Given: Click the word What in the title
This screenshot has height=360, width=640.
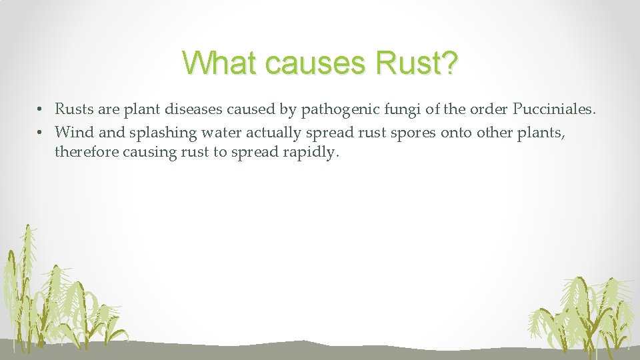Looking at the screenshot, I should [219, 63].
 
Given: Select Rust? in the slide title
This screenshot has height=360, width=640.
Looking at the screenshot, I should [417, 63].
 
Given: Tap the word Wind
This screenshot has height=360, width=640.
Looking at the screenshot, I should [74, 132].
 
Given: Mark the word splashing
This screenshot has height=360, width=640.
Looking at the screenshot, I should [162, 133].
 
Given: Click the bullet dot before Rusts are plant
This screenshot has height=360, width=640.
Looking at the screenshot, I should [41, 109].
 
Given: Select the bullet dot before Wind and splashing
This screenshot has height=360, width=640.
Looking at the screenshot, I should [41, 132].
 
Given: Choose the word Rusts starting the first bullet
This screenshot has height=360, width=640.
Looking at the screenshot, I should [73, 109].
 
